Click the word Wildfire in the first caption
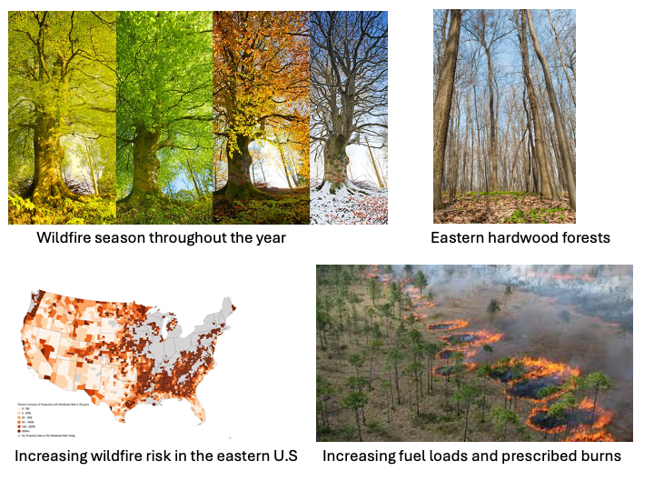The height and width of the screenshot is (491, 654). pos(66,238)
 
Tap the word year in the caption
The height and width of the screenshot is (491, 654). pos(269,238)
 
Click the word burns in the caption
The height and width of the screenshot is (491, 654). pos(599,456)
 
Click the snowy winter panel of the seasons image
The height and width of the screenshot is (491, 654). pos(349,118)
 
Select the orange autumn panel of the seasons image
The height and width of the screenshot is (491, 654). pos(261,118)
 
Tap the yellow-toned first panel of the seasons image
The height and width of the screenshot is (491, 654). pos(62,118)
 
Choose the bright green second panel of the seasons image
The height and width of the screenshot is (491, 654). pos(163,118)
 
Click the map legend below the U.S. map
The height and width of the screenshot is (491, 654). pos(54,411)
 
